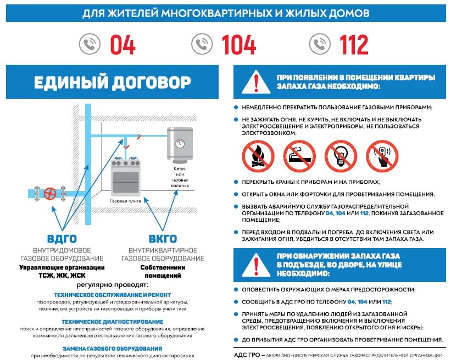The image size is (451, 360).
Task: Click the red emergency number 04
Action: click(x=123, y=44)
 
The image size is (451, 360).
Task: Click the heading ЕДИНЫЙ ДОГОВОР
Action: click(x=112, y=83)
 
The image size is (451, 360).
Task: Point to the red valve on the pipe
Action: click(x=50, y=193)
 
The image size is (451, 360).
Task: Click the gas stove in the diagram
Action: click(x=125, y=176)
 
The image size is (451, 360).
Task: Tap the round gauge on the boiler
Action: click(x=180, y=143)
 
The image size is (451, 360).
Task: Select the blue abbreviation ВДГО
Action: click(x=62, y=239)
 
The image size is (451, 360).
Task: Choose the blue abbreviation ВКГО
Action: click(x=163, y=239)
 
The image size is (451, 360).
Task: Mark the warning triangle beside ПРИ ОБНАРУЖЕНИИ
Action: click(x=255, y=265)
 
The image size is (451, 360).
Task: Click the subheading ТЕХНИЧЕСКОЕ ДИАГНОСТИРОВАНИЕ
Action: click(x=112, y=321)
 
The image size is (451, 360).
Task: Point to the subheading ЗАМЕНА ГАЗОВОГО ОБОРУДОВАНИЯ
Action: click(x=112, y=348)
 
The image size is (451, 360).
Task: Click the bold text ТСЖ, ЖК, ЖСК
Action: click(x=62, y=275)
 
